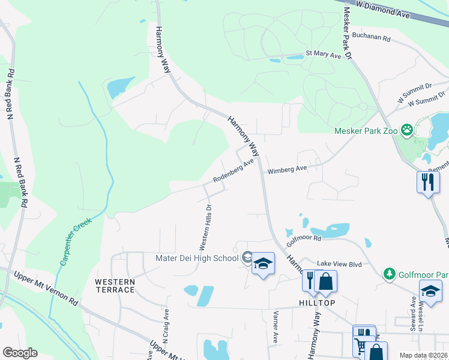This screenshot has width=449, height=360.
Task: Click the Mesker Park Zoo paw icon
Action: click(407, 129)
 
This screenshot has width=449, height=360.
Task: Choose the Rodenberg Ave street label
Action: click(234, 171)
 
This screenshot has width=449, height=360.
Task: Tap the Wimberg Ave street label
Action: click(287, 170)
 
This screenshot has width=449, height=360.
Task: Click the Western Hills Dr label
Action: click(205, 227)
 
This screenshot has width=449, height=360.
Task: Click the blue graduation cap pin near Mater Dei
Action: click(263, 264)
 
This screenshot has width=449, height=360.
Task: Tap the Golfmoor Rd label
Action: click(304, 238)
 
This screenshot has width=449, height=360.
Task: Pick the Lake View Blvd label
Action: click(339, 263)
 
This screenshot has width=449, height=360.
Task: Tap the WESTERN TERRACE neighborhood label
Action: click(115, 286)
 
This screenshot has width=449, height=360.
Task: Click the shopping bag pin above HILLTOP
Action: click(325, 281)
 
